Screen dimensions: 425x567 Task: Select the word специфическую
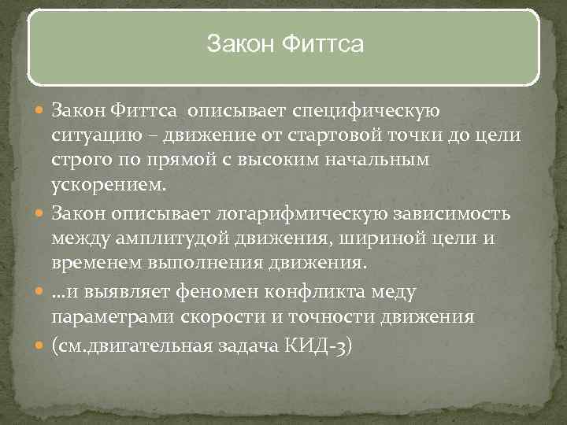[368, 108]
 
